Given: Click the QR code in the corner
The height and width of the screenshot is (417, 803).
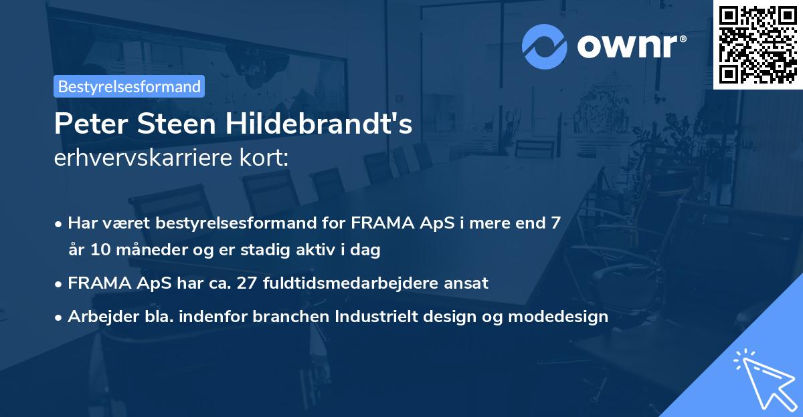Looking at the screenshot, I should [757, 44].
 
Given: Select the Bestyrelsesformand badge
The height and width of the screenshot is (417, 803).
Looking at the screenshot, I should [129, 86].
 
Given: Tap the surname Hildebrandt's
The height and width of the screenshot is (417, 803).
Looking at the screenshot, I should [321, 124].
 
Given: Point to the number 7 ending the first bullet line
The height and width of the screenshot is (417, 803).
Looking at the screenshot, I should [555, 223].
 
